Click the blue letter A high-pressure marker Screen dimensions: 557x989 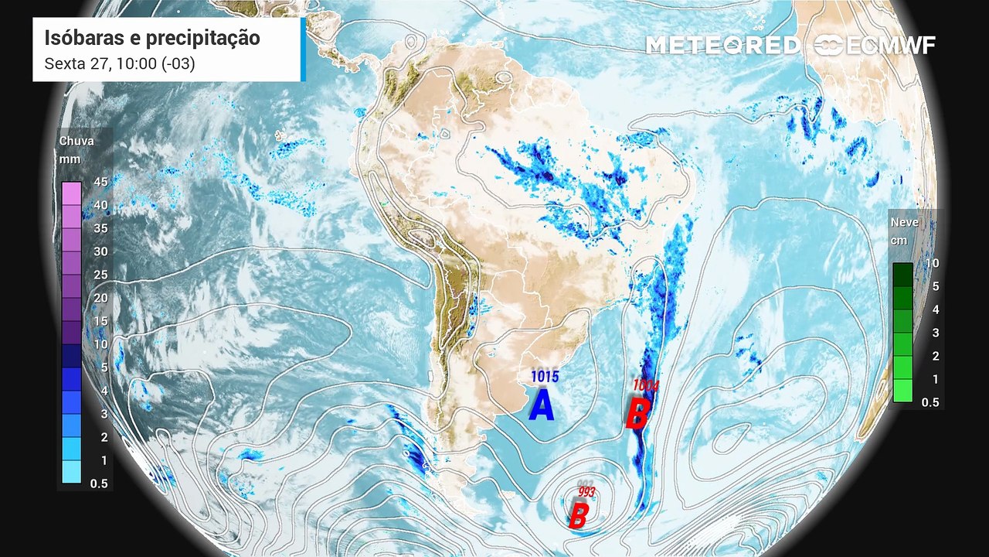point(542,405)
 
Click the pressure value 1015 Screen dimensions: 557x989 point(544,376)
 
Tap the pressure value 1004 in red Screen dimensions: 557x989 point(645,384)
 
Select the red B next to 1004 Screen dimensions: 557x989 point(637,413)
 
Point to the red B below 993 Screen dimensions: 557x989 point(578,516)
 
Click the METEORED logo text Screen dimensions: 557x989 point(723,46)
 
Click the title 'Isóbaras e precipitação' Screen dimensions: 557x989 point(152,38)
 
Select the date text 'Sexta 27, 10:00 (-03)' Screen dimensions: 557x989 point(120,63)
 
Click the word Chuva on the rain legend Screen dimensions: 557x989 point(76,141)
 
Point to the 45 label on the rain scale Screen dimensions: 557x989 point(99,182)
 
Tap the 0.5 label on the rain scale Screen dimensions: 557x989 point(99,484)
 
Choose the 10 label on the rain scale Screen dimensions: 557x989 point(99,344)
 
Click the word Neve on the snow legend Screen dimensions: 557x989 point(905,222)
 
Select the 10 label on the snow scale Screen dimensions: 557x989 point(932,263)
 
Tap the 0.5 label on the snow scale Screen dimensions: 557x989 point(930,402)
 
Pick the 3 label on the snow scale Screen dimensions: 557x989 point(933,333)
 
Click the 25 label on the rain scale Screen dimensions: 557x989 point(99,275)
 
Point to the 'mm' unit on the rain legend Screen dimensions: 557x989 point(70,159)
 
